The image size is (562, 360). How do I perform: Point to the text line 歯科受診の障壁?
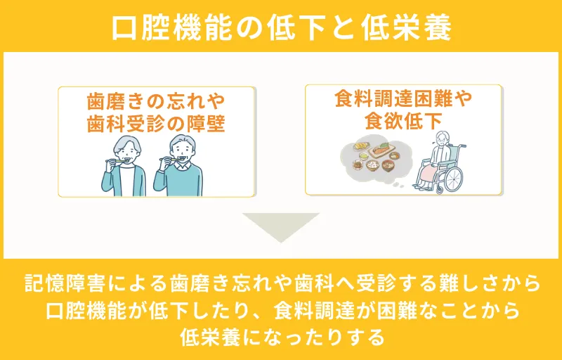click(x=156, y=123)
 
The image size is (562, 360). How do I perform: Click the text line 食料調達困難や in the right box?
click(x=403, y=98)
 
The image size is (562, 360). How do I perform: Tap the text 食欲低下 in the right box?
click(x=403, y=120)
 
